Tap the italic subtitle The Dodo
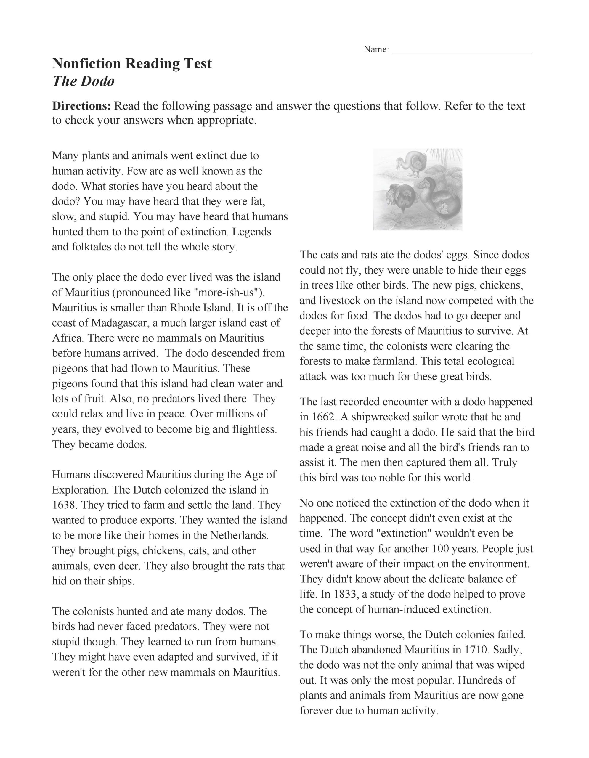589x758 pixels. point(83,81)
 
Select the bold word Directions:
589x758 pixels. point(81,106)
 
